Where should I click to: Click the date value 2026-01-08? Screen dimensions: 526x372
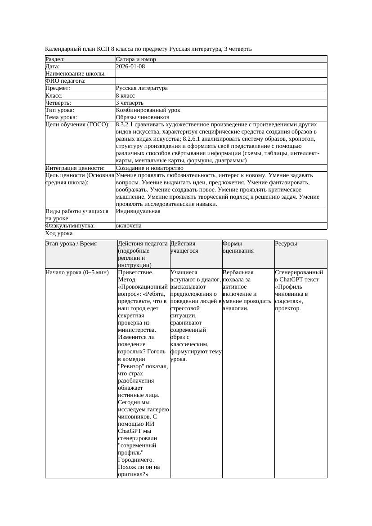tap(130, 67)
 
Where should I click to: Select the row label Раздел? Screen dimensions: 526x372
tap(55, 59)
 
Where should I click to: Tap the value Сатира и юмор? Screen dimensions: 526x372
tap(136, 59)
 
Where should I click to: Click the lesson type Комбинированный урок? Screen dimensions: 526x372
tap(148, 110)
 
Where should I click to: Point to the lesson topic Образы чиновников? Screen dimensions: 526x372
tap(142, 117)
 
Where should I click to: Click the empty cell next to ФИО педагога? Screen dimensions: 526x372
tap(221, 81)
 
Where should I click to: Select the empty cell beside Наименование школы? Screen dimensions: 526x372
tap(221, 74)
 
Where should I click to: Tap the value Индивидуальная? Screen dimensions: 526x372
tap(138, 211)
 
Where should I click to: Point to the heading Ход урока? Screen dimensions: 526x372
tap(59, 233)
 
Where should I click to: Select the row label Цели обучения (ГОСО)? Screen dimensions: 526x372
tap(77, 125)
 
